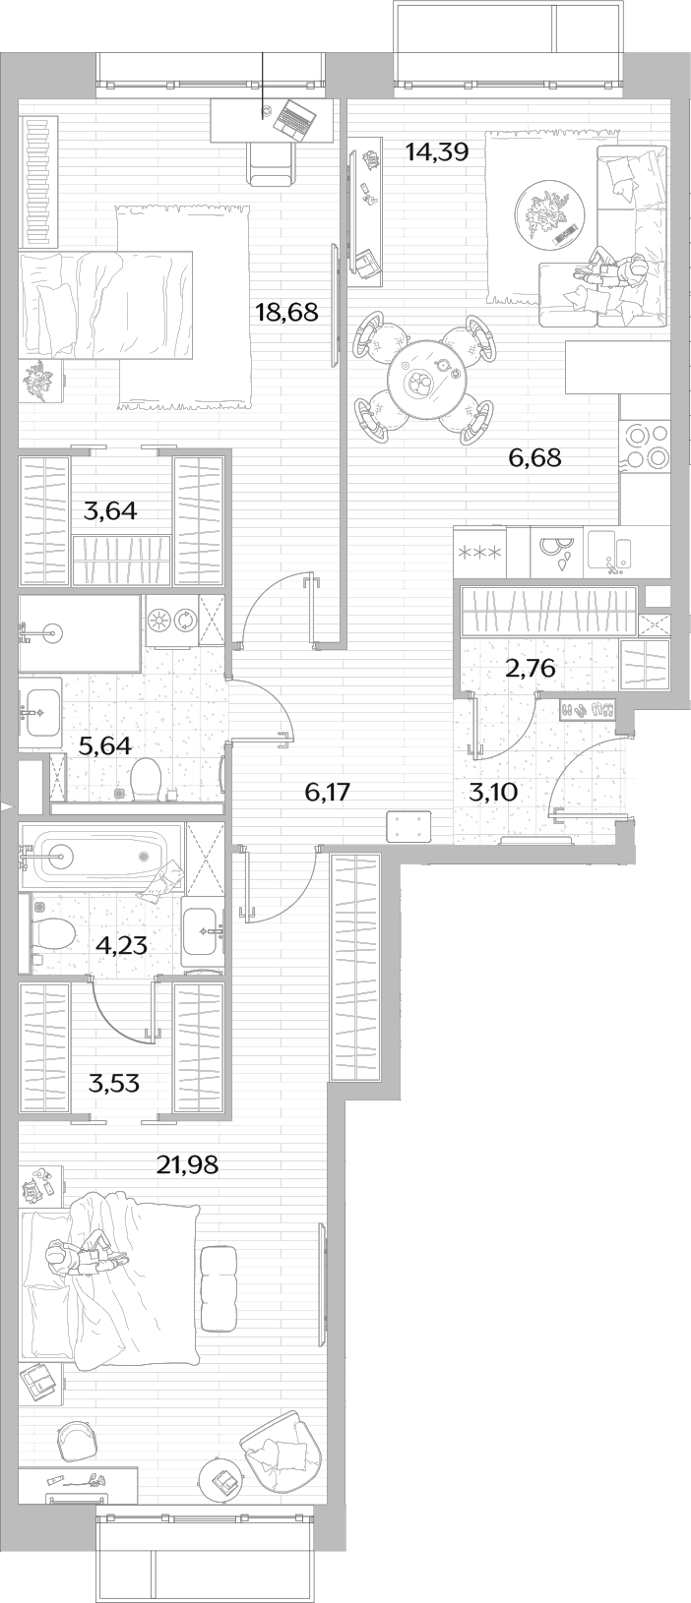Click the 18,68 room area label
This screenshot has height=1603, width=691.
[x=286, y=312]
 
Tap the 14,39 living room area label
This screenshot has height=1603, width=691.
[x=437, y=151]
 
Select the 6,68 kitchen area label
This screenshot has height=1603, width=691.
[x=534, y=457]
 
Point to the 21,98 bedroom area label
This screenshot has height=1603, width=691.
[x=187, y=1165]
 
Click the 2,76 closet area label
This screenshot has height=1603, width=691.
[x=531, y=669]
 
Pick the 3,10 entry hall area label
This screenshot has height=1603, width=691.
[x=493, y=793]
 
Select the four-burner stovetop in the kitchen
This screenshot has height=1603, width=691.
[x=648, y=445]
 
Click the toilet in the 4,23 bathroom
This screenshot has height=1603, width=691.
[x=54, y=932]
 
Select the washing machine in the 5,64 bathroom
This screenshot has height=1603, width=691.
[x=172, y=620]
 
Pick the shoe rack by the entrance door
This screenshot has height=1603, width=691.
[x=588, y=711]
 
